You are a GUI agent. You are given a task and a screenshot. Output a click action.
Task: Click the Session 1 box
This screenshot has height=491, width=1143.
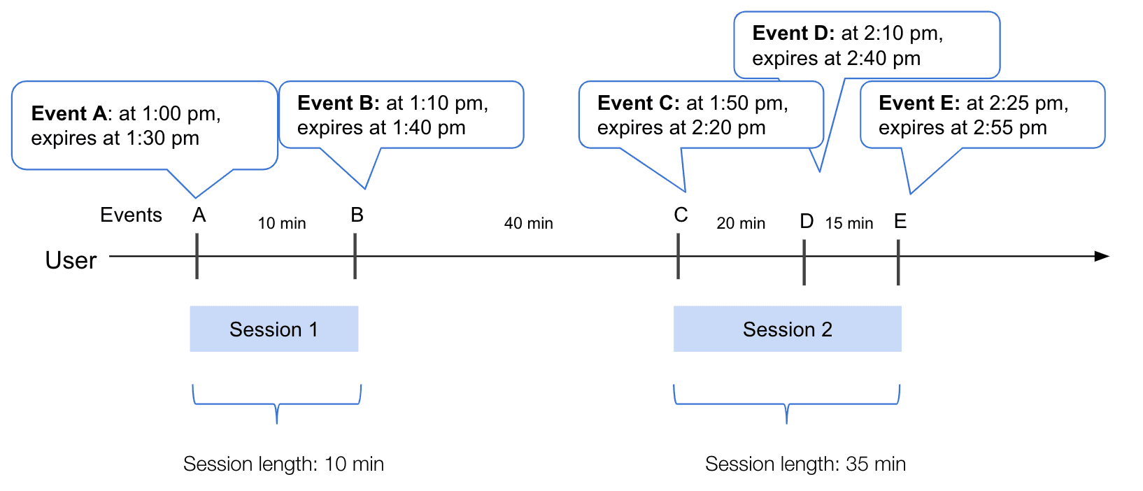click(x=274, y=329)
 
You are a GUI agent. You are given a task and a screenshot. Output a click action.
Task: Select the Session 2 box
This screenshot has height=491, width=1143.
click(x=787, y=329)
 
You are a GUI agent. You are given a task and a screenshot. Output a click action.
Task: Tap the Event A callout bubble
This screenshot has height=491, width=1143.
click(x=144, y=126)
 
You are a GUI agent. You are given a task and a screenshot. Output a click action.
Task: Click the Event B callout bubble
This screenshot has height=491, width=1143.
click(x=401, y=115)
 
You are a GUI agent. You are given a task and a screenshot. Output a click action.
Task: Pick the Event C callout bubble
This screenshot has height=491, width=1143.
click(x=700, y=115)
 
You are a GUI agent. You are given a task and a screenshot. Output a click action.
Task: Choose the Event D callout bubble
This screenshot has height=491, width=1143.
click(x=866, y=45)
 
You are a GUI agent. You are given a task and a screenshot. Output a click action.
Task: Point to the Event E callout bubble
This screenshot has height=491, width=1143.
click(x=981, y=115)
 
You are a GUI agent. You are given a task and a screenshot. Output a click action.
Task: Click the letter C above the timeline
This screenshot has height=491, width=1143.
click(x=681, y=215)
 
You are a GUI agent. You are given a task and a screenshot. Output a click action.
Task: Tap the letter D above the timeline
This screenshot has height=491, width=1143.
click(x=807, y=222)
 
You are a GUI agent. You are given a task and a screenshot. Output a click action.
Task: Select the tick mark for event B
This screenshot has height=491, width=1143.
click(x=355, y=256)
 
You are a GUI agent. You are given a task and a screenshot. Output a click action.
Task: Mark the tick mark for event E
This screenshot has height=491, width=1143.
click(x=898, y=262)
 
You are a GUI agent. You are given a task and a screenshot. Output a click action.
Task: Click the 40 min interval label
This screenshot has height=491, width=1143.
click(x=528, y=223)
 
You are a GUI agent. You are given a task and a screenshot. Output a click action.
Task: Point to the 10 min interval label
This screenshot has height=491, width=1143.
click(x=281, y=223)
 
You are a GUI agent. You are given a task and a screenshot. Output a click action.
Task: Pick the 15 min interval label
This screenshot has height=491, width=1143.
click(x=849, y=223)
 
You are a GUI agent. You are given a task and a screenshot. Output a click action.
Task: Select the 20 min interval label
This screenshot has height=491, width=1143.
click(x=741, y=223)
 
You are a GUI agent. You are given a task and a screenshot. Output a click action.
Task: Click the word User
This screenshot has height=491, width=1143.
click(x=71, y=260)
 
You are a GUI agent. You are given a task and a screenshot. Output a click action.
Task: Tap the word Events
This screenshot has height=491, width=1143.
click(x=131, y=215)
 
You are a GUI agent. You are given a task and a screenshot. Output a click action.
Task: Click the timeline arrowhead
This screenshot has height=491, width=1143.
click(x=1102, y=256)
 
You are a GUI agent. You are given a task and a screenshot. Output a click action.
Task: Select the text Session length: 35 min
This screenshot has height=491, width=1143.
click(x=805, y=464)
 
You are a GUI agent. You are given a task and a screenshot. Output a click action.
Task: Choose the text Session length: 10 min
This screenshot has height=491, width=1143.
click(x=283, y=464)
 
